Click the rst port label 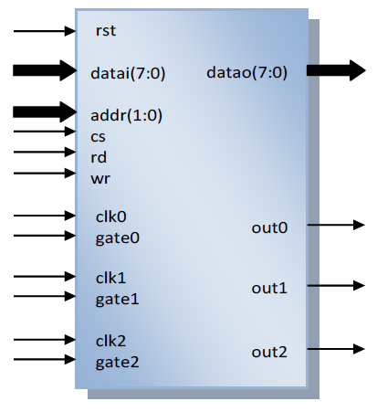(106, 31)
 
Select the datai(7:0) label (128, 73)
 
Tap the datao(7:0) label (246, 72)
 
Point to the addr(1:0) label (126, 115)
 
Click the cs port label (98, 137)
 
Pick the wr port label (100, 179)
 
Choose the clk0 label (110, 217)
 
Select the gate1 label (117, 299)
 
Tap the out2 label (269, 352)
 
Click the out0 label (269, 227)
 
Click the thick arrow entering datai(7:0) (45, 70)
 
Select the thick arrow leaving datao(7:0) (336, 70)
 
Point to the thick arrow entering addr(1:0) (45, 112)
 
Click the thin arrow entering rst (45, 31)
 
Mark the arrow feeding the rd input (45, 152)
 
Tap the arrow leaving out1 (336, 286)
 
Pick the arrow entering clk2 (45, 339)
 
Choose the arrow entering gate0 (45, 236)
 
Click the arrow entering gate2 (45, 359)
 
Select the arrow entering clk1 (45, 277)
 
